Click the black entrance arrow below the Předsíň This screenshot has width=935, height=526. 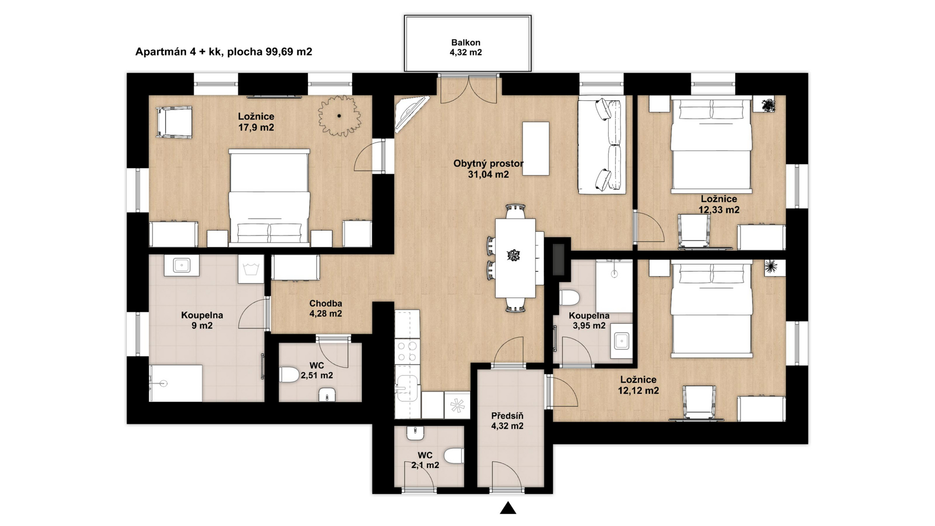(x=508, y=508)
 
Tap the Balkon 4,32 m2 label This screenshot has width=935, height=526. (x=466, y=47)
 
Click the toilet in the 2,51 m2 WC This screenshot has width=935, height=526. (x=290, y=375)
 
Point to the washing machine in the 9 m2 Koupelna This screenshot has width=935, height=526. (x=251, y=269)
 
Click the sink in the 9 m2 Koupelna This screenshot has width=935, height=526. (x=182, y=265)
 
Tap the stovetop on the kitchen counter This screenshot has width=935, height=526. (x=407, y=352)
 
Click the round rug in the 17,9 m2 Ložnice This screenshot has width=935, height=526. (x=339, y=115)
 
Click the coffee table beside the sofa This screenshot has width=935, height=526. (x=536, y=149)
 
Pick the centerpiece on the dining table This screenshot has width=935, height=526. (x=513, y=255)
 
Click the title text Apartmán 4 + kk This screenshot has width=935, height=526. (x=180, y=52)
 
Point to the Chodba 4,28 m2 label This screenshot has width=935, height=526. (x=326, y=308)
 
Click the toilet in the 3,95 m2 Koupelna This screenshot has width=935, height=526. (x=569, y=298)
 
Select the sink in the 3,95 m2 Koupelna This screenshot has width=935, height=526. (x=621, y=341)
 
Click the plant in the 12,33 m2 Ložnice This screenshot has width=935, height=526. (x=768, y=105)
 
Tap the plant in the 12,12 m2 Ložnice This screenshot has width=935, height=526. (x=771, y=266)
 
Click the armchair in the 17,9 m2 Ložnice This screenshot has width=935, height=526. (x=174, y=122)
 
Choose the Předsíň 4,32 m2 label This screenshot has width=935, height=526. (x=507, y=421)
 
